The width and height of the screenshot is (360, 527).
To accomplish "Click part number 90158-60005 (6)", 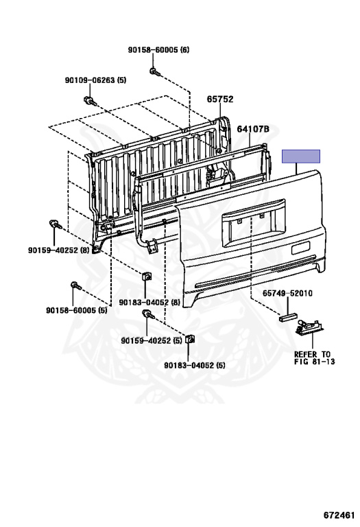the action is [x=158, y=50].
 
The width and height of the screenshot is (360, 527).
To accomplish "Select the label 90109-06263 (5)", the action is [x=95, y=80].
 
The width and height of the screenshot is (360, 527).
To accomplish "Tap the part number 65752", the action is [x=220, y=99].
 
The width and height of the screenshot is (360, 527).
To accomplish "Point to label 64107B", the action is [x=253, y=129].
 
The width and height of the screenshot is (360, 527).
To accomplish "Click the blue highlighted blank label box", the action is [x=301, y=156].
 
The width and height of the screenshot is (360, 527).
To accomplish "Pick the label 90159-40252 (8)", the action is [x=59, y=250].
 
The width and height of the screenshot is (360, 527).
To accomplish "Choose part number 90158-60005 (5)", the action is [x=77, y=310].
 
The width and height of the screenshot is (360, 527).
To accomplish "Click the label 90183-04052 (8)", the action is [x=149, y=303].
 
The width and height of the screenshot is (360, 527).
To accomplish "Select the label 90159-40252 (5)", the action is [x=152, y=341].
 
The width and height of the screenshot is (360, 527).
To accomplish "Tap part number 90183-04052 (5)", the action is [x=195, y=365].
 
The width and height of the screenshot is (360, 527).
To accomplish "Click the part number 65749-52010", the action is [x=287, y=294].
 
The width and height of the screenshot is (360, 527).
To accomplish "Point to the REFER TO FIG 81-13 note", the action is [x=314, y=358].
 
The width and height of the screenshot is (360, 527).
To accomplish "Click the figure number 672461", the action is [x=339, y=515].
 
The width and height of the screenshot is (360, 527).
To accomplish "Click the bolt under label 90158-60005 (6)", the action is [x=154, y=72].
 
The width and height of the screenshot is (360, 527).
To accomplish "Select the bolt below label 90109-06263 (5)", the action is [x=90, y=100].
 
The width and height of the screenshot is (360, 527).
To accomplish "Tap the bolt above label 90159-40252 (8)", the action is [x=55, y=224].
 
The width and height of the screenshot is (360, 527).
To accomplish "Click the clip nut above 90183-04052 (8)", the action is [x=147, y=277].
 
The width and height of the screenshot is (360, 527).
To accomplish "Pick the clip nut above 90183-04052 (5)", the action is [x=190, y=339].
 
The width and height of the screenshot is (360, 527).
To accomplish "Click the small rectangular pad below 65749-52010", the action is [x=288, y=317].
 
